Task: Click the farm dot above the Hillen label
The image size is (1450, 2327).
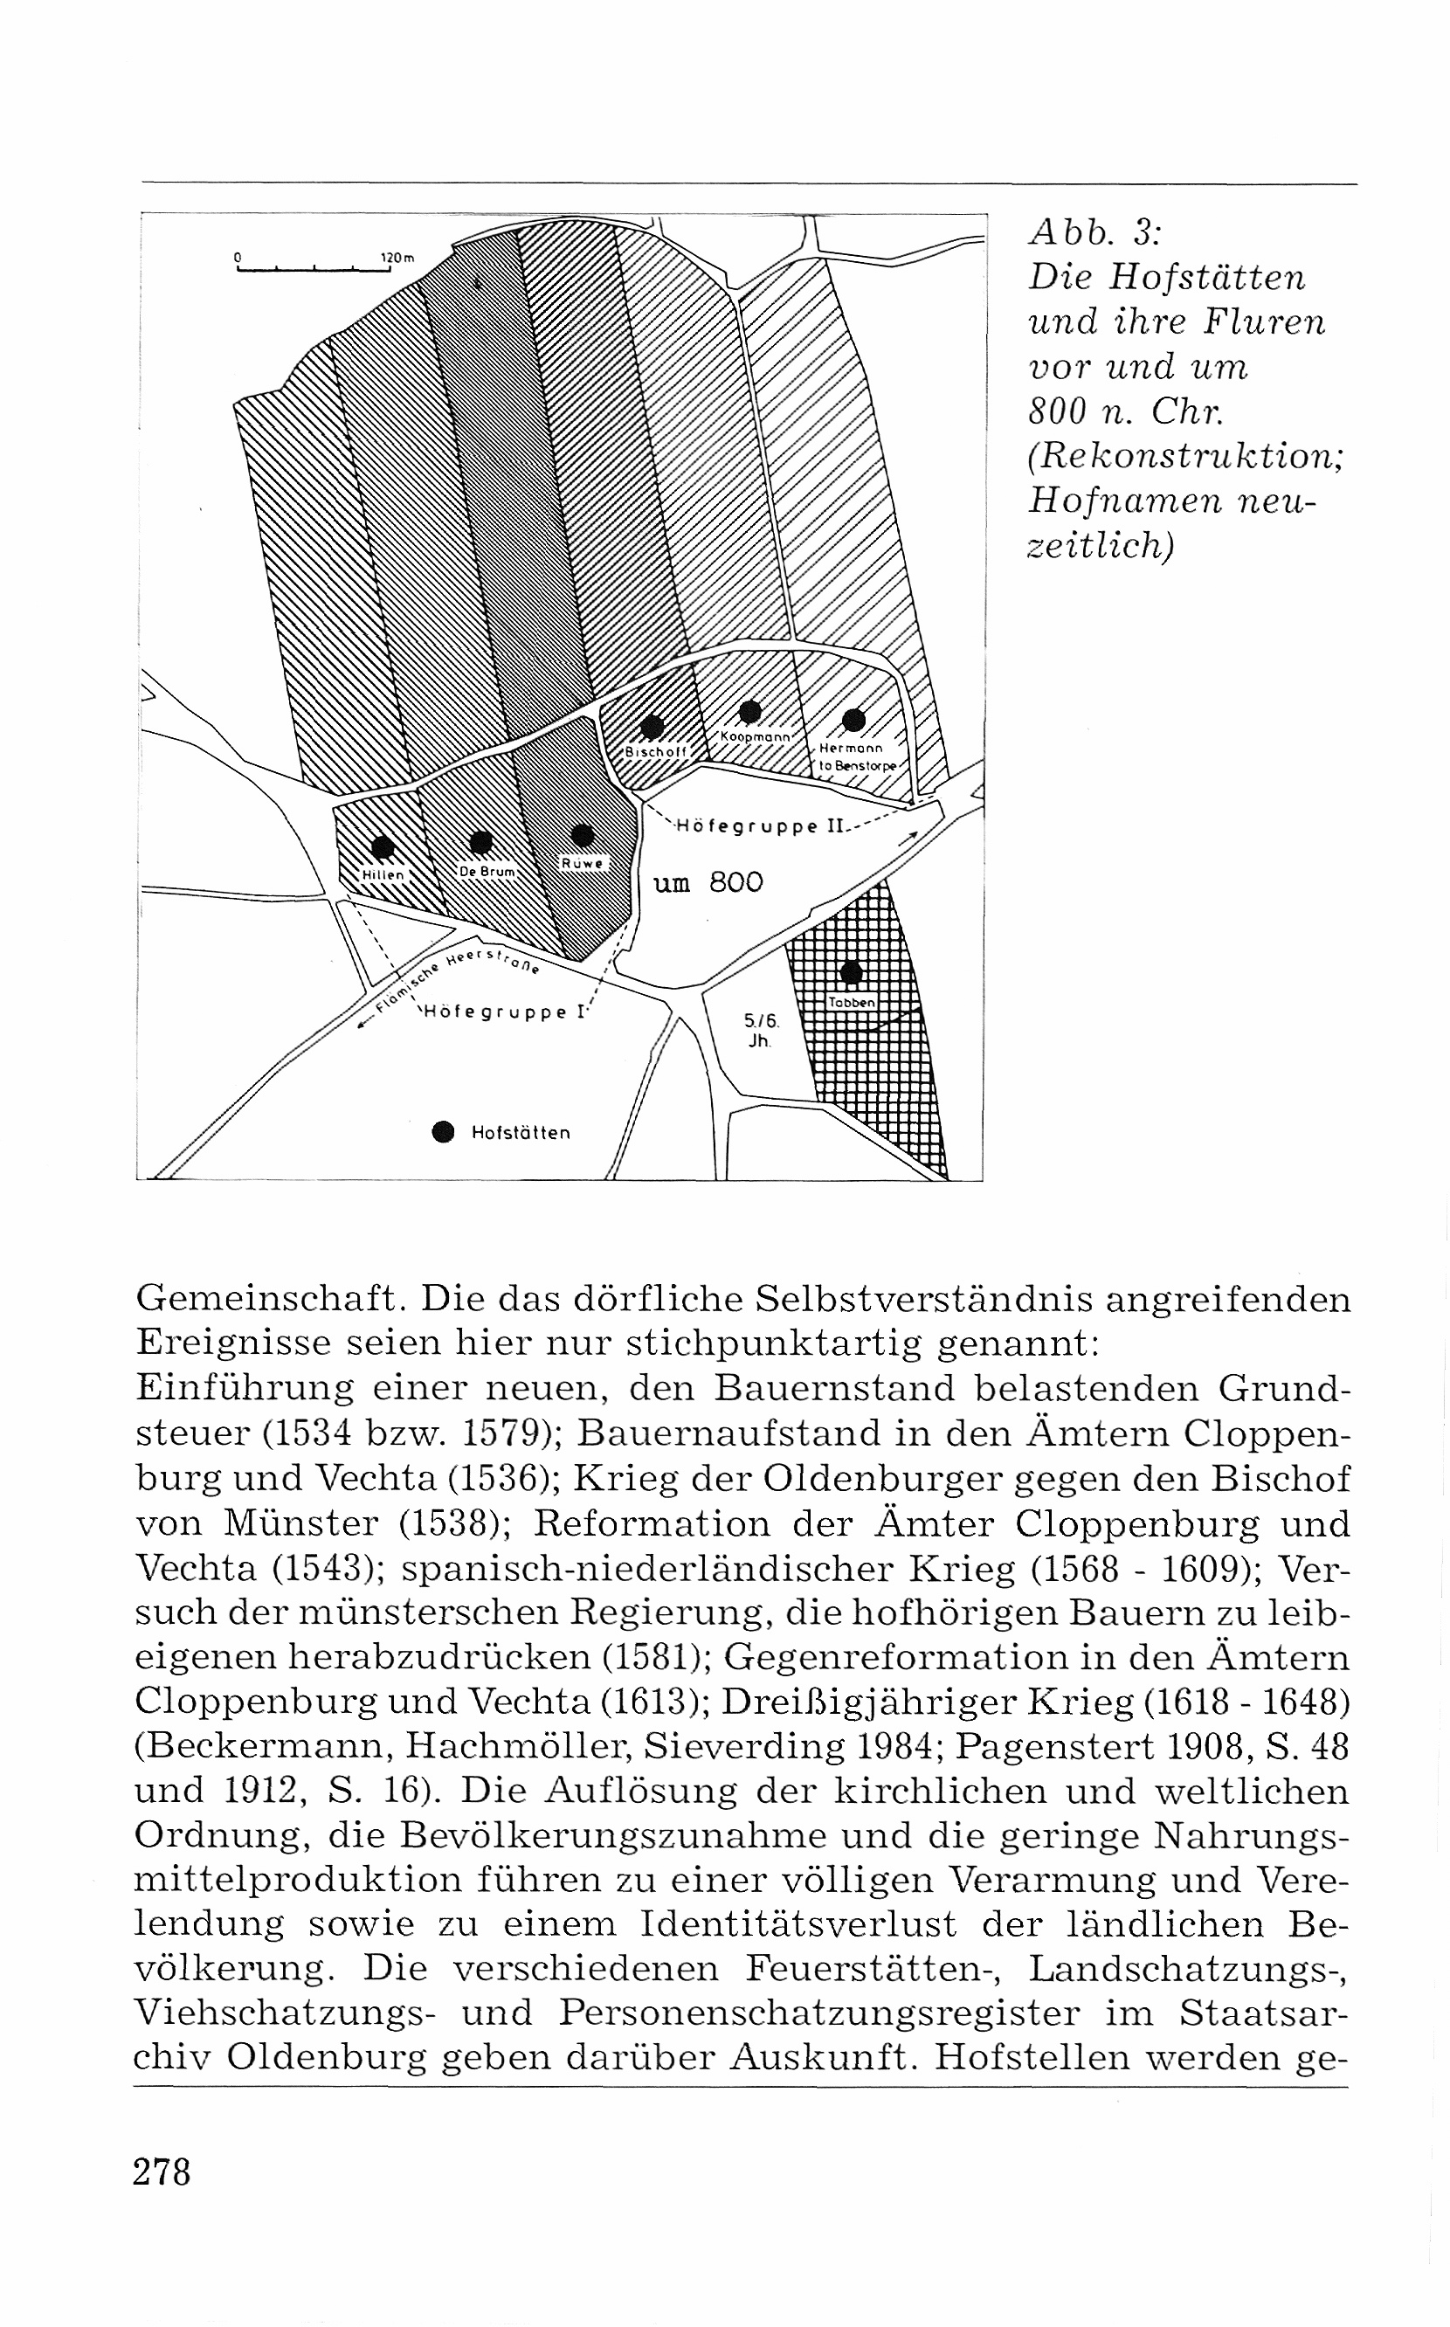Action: [x=383, y=846]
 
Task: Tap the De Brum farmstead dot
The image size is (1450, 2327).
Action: [x=481, y=842]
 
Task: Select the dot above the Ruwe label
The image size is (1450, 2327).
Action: [x=581, y=834]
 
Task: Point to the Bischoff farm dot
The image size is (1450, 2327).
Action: [x=652, y=726]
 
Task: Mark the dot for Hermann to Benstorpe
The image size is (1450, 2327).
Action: [x=853, y=719]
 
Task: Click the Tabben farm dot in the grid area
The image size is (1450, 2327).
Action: [x=850, y=973]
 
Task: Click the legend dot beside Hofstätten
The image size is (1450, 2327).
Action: [x=442, y=1132]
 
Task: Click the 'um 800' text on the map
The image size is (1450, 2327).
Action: [x=708, y=883]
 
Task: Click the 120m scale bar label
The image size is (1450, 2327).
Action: [x=396, y=258]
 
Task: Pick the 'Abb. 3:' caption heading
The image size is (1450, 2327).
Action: [x=1095, y=233]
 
